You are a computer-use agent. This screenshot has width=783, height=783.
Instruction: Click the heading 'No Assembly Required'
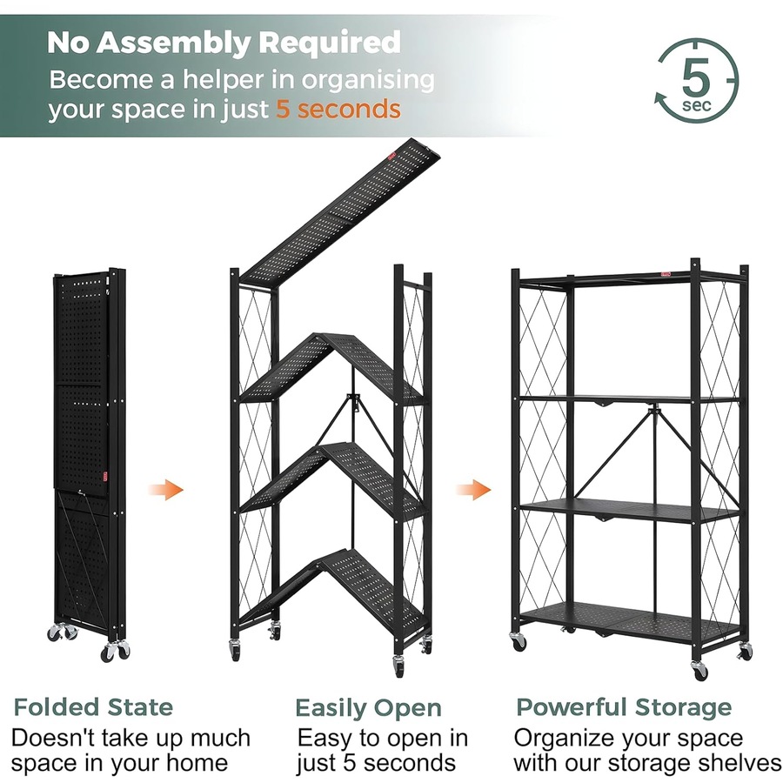click(x=224, y=42)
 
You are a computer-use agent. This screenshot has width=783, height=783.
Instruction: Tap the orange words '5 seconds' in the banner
click(x=338, y=110)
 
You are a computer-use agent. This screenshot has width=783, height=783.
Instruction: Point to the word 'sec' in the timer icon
click(x=697, y=105)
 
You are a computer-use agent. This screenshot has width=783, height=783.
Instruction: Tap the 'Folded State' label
click(x=93, y=706)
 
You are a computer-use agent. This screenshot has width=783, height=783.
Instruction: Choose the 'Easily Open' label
click(x=368, y=707)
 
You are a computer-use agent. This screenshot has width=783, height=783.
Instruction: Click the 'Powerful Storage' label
click(x=624, y=706)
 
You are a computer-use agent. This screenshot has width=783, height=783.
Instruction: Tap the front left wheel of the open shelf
click(x=519, y=642)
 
